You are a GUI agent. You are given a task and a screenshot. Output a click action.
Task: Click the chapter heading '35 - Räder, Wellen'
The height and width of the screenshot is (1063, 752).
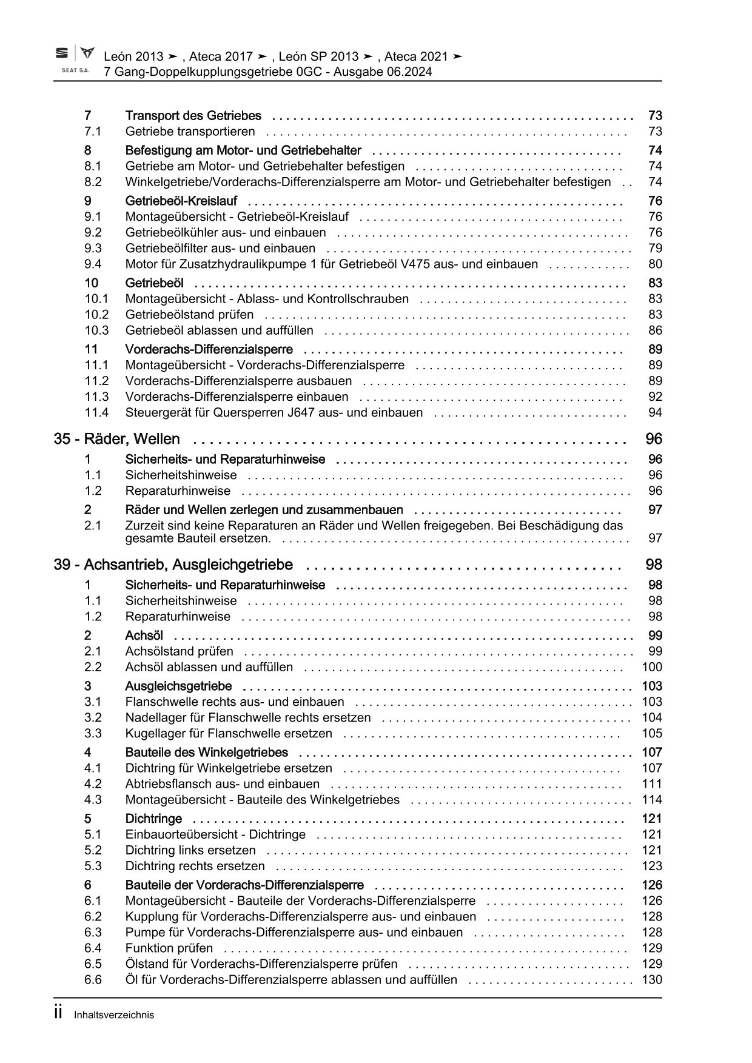tap(116, 439)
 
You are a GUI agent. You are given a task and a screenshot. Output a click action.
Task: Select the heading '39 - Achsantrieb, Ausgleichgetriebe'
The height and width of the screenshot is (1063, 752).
tap(173, 565)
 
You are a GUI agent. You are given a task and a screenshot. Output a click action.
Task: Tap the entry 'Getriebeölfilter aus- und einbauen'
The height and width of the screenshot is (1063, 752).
tap(220, 249)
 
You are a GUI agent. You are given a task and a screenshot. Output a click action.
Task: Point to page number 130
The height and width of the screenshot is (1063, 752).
tap(652, 980)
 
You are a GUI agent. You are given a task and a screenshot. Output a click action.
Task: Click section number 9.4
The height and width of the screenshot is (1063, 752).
tap(93, 264)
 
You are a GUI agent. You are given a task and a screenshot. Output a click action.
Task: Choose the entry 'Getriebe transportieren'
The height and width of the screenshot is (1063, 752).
tap(190, 132)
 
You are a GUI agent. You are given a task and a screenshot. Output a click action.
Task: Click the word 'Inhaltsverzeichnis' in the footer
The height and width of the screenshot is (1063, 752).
tap(113, 1015)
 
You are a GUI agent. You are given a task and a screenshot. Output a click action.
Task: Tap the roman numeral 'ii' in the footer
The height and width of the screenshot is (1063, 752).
tap(58, 1013)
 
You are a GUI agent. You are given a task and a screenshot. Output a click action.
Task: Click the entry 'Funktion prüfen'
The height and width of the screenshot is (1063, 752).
tap(169, 948)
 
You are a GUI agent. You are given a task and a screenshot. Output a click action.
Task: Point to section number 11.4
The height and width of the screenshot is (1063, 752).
tap(96, 413)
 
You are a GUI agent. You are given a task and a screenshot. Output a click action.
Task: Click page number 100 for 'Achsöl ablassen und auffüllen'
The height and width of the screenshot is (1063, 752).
tap(652, 668)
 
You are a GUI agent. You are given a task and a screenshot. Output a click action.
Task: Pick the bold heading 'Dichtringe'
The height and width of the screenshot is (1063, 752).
tap(153, 819)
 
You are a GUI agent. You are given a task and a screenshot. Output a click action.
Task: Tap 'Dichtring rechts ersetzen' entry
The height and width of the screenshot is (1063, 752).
tap(195, 867)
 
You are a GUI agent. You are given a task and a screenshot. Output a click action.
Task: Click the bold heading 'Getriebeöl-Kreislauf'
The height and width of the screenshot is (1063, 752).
tap(181, 201)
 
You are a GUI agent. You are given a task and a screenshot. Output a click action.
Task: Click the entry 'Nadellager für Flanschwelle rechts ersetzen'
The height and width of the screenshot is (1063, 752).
tap(248, 718)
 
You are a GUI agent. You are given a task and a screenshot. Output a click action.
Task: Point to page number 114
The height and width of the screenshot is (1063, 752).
tap(652, 800)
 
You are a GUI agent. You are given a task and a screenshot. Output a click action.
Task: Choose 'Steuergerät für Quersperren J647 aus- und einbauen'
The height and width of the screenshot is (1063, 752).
tap(274, 413)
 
